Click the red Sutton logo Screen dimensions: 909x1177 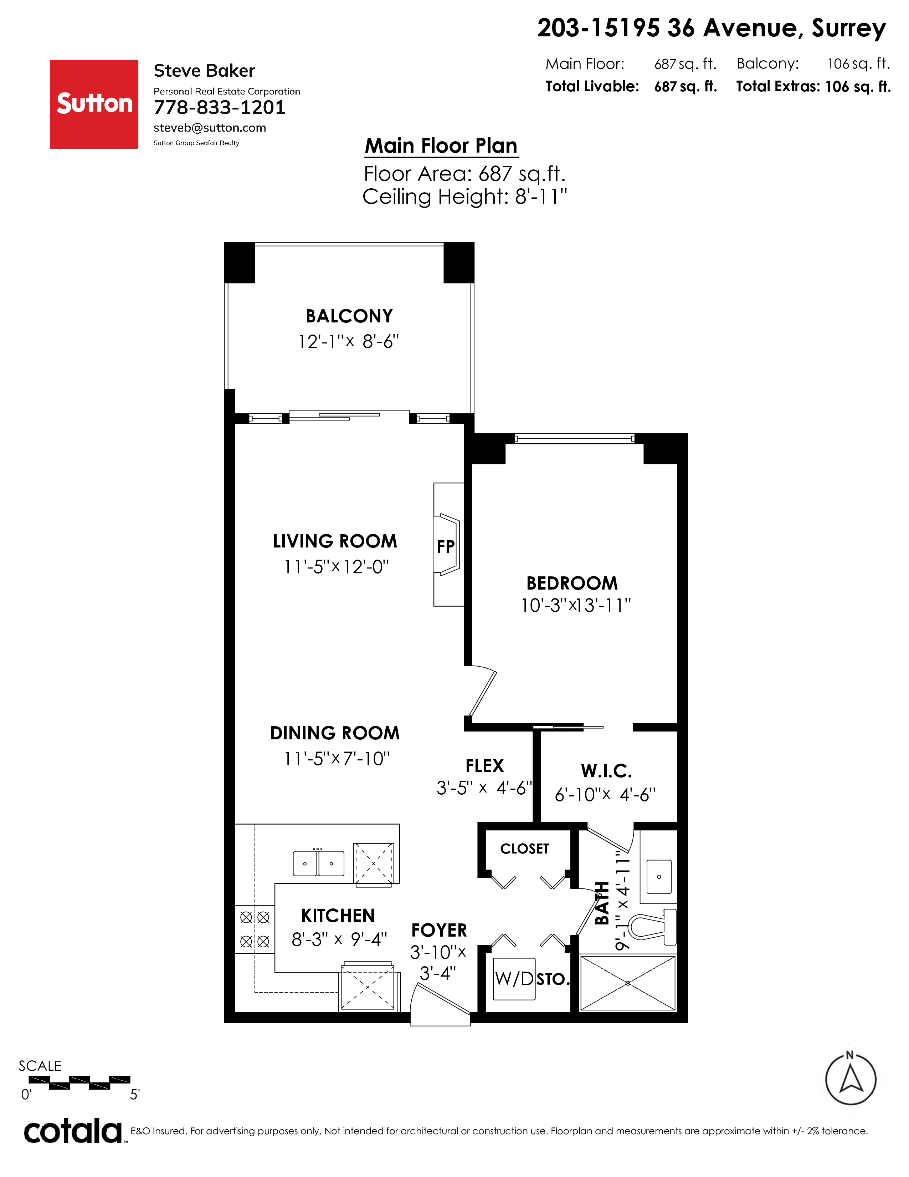tap(94, 104)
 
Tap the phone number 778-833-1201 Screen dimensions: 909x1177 tap(220, 108)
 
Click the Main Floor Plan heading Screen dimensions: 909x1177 tap(441, 146)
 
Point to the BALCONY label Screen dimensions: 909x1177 tap(349, 316)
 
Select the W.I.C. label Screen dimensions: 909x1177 tap(606, 771)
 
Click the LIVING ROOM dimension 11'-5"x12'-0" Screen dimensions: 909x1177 tap(337, 567)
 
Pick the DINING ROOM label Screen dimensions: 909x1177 tap(335, 733)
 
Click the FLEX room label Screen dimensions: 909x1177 tap(485, 766)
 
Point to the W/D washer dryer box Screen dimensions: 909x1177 tap(515, 979)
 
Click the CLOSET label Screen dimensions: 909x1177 tap(524, 849)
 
